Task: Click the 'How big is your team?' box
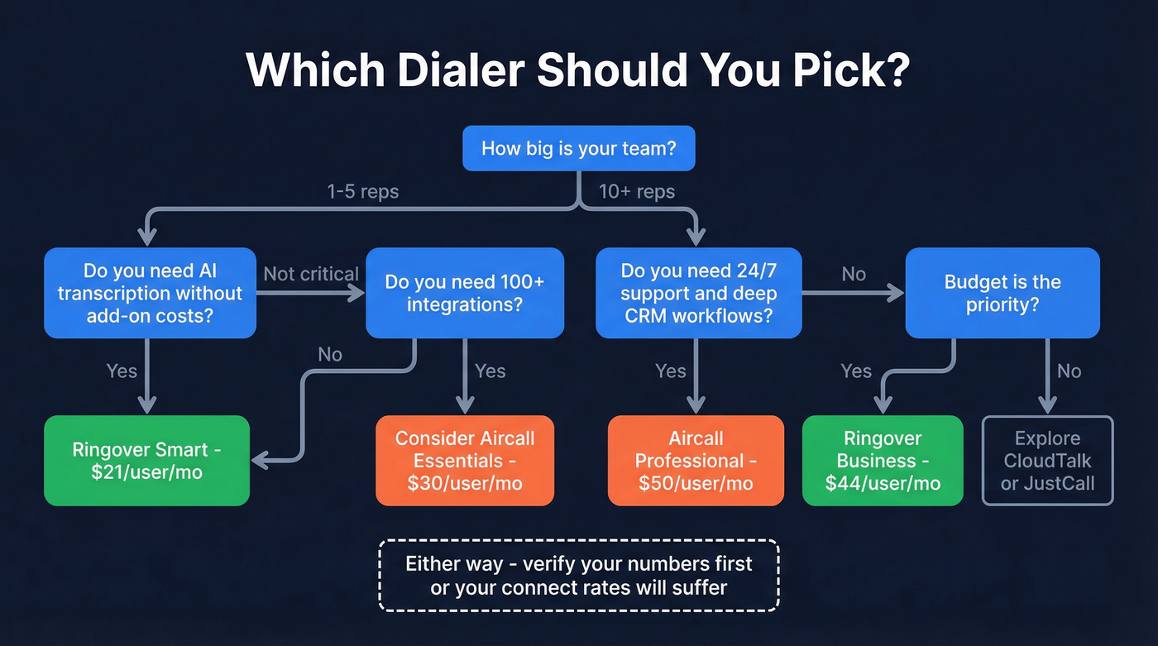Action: point(578,149)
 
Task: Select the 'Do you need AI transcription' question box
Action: point(150,293)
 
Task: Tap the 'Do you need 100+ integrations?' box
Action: point(464,293)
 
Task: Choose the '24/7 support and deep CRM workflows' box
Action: point(698,293)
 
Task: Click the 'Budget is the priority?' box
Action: point(1002,293)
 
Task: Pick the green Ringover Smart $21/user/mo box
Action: point(146,461)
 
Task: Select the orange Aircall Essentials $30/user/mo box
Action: point(465,461)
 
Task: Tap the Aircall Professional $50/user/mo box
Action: point(696,461)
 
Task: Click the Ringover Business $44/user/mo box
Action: point(883,461)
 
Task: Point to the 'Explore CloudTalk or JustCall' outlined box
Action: point(1047,461)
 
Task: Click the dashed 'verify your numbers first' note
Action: point(578,576)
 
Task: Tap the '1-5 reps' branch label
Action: point(362,192)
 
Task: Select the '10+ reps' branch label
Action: point(637,192)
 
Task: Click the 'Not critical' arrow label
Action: point(311,274)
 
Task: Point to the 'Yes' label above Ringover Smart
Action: point(122,371)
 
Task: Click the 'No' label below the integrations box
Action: point(330,355)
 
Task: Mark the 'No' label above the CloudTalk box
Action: point(1069,371)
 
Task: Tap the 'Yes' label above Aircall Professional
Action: point(671,371)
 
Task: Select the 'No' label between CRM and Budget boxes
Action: point(854,274)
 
